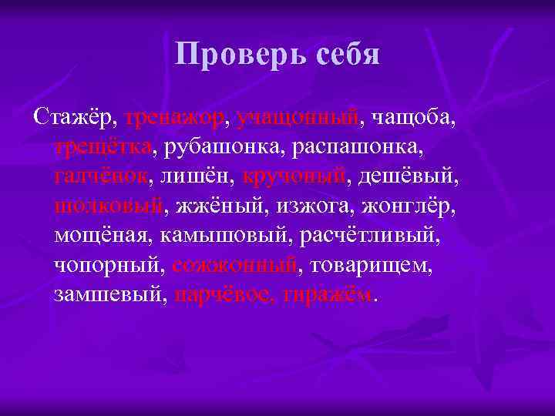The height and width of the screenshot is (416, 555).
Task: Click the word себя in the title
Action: [345, 54]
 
